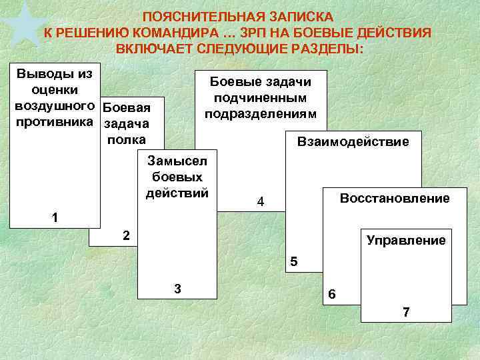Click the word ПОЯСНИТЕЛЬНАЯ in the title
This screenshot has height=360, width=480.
(191, 16)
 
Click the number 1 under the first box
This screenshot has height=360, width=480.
(55, 218)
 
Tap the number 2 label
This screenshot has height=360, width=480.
(126, 235)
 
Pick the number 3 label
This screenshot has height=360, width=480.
(177, 288)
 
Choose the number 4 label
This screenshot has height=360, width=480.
(261, 202)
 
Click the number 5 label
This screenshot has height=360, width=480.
(294, 262)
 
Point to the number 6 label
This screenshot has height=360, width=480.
(333, 294)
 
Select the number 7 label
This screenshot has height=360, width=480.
(406, 311)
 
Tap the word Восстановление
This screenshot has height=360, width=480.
(395, 198)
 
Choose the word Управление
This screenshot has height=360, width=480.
(406, 240)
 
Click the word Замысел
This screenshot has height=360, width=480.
(177, 161)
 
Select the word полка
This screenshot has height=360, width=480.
(126, 139)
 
